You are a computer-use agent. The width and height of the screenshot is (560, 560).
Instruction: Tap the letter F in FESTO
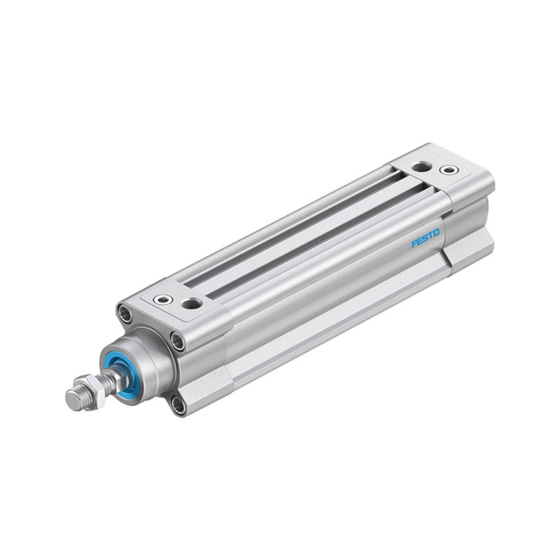click(x=414, y=244)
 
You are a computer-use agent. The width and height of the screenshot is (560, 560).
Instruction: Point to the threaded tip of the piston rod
click(x=73, y=400)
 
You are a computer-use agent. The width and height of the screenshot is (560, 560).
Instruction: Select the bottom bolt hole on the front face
click(x=178, y=405)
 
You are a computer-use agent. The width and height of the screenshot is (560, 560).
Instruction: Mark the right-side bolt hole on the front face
click(x=179, y=342)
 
